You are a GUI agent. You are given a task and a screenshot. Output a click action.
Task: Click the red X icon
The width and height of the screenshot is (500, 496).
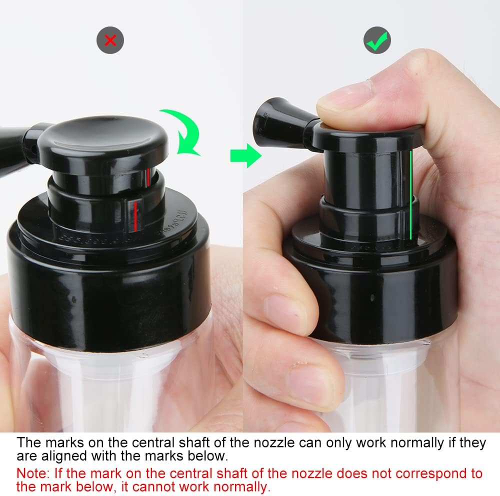coord(110,40)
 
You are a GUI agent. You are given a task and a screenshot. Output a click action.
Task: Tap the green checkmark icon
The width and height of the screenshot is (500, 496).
coord(377,40)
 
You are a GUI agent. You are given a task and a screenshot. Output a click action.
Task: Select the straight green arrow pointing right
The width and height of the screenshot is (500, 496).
coord(245,156)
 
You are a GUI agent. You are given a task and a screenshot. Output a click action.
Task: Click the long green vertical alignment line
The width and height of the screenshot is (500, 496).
coord(410,195)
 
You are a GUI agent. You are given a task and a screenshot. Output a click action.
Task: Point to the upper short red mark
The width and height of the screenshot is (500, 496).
coord(148,174)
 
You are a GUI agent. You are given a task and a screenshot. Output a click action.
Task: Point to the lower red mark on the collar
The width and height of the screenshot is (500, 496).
coord(135,215)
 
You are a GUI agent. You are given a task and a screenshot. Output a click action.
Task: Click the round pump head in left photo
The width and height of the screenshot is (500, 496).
coord(105,140)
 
